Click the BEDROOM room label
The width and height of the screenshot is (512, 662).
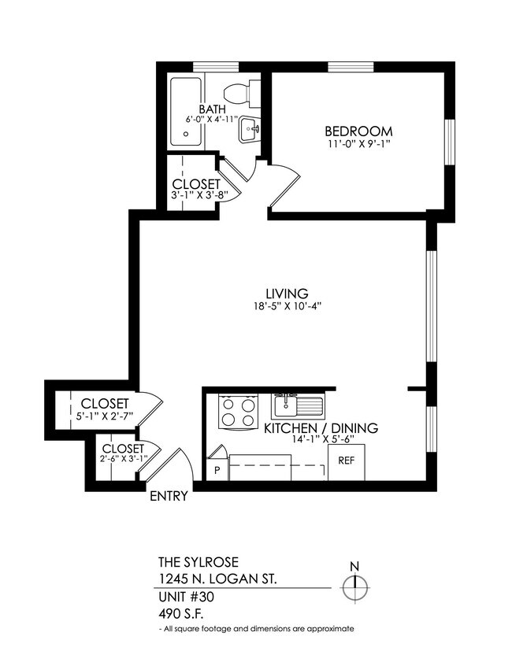pos(358,131)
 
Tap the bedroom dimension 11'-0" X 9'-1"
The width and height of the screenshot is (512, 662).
pos(358,144)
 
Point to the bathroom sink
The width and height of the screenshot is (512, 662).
pos(250,130)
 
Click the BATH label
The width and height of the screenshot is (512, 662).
pos(212,109)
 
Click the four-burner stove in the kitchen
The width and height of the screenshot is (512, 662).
pos(239,410)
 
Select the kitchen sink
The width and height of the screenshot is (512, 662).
pos(298,406)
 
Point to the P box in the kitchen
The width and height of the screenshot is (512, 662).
pos(217,470)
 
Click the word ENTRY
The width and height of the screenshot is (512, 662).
pos(168,496)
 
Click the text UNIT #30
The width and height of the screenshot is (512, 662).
pos(186,597)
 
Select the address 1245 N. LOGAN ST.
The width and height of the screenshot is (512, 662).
pos(217,579)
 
